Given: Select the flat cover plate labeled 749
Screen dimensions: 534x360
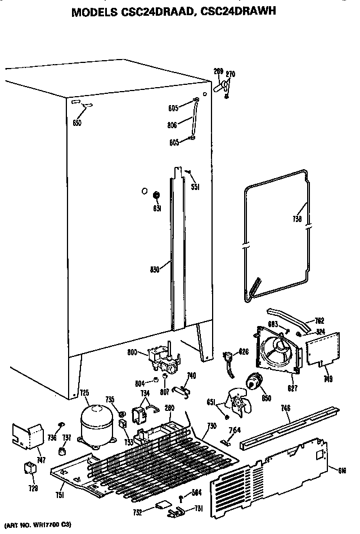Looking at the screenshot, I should click(322, 352).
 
